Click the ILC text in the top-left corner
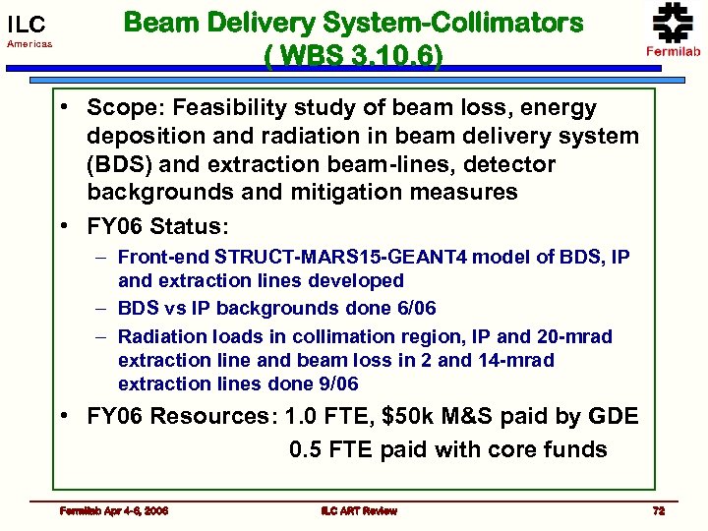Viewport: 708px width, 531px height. click(27, 24)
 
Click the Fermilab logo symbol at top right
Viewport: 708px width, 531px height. click(673, 22)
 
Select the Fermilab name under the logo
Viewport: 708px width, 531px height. click(673, 51)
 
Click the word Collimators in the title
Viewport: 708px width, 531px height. click(512, 23)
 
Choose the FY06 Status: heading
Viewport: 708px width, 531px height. click(157, 227)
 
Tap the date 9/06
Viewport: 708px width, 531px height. click(336, 383)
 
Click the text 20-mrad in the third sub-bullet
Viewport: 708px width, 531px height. click(576, 337)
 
